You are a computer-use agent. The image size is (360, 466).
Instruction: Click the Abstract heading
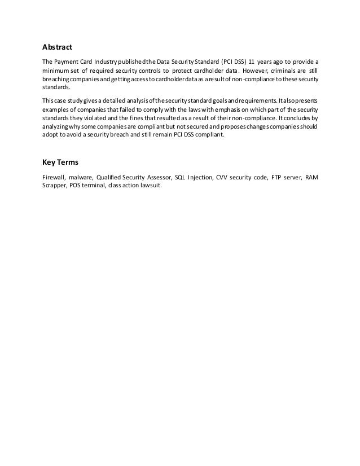pyautogui.click(x=58, y=49)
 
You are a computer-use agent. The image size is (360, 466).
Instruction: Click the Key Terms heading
pyautogui.click(x=61, y=164)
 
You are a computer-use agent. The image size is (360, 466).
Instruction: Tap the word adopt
pyautogui.click(x=51, y=135)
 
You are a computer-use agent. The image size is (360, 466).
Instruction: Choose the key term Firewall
pyautogui.click(x=55, y=177)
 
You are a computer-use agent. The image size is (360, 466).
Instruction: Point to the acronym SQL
pyautogui.click(x=181, y=177)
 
